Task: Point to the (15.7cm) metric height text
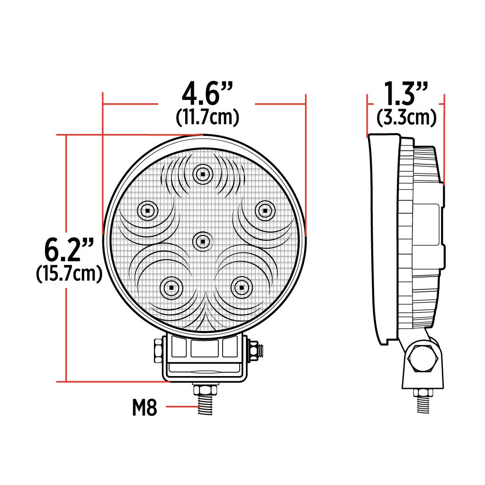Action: click(69, 274)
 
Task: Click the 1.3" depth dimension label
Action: click(406, 94)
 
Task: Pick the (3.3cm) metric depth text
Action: click(406, 117)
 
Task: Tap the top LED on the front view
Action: click(202, 174)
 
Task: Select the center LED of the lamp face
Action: click(202, 241)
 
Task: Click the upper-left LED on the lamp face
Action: click(147, 210)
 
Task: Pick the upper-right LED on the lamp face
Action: click(265, 210)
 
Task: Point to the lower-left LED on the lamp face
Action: click(170, 287)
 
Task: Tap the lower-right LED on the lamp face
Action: click(241, 287)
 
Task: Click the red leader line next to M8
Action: click(178, 407)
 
